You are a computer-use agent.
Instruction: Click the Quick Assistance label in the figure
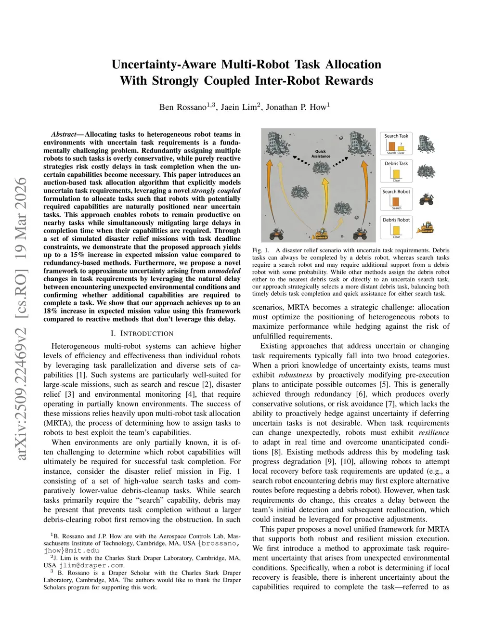click(x=321, y=154)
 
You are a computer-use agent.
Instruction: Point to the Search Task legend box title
click(x=396, y=136)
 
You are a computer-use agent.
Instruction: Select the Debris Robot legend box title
click(x=396, y=220)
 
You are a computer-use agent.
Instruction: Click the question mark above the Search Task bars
click(x=401, y=143)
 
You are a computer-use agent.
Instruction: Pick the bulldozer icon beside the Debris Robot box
click(x=426, y=227)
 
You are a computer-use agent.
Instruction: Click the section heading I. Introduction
click(x=142, y=333)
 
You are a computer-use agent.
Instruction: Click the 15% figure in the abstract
click(x=77, y=255)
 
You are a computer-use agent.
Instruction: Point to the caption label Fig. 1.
click(x=261, y=250)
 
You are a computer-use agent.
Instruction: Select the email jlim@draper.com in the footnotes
click(x=91, y=565)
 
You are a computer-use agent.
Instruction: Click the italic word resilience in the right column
click(x=434, y=432)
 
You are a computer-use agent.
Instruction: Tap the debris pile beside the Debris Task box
click(x=426, y=171)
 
